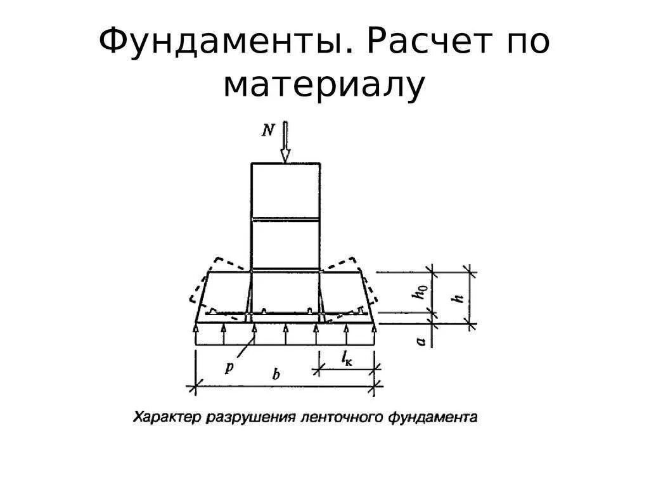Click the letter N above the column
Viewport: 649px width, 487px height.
point(268,131)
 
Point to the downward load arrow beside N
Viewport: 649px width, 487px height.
point(285,144)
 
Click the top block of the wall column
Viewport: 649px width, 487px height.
point(285,191)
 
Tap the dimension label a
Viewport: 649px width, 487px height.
point(420,341)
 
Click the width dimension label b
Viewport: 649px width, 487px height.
point(276,374)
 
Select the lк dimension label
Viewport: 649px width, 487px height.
point(347,360)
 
